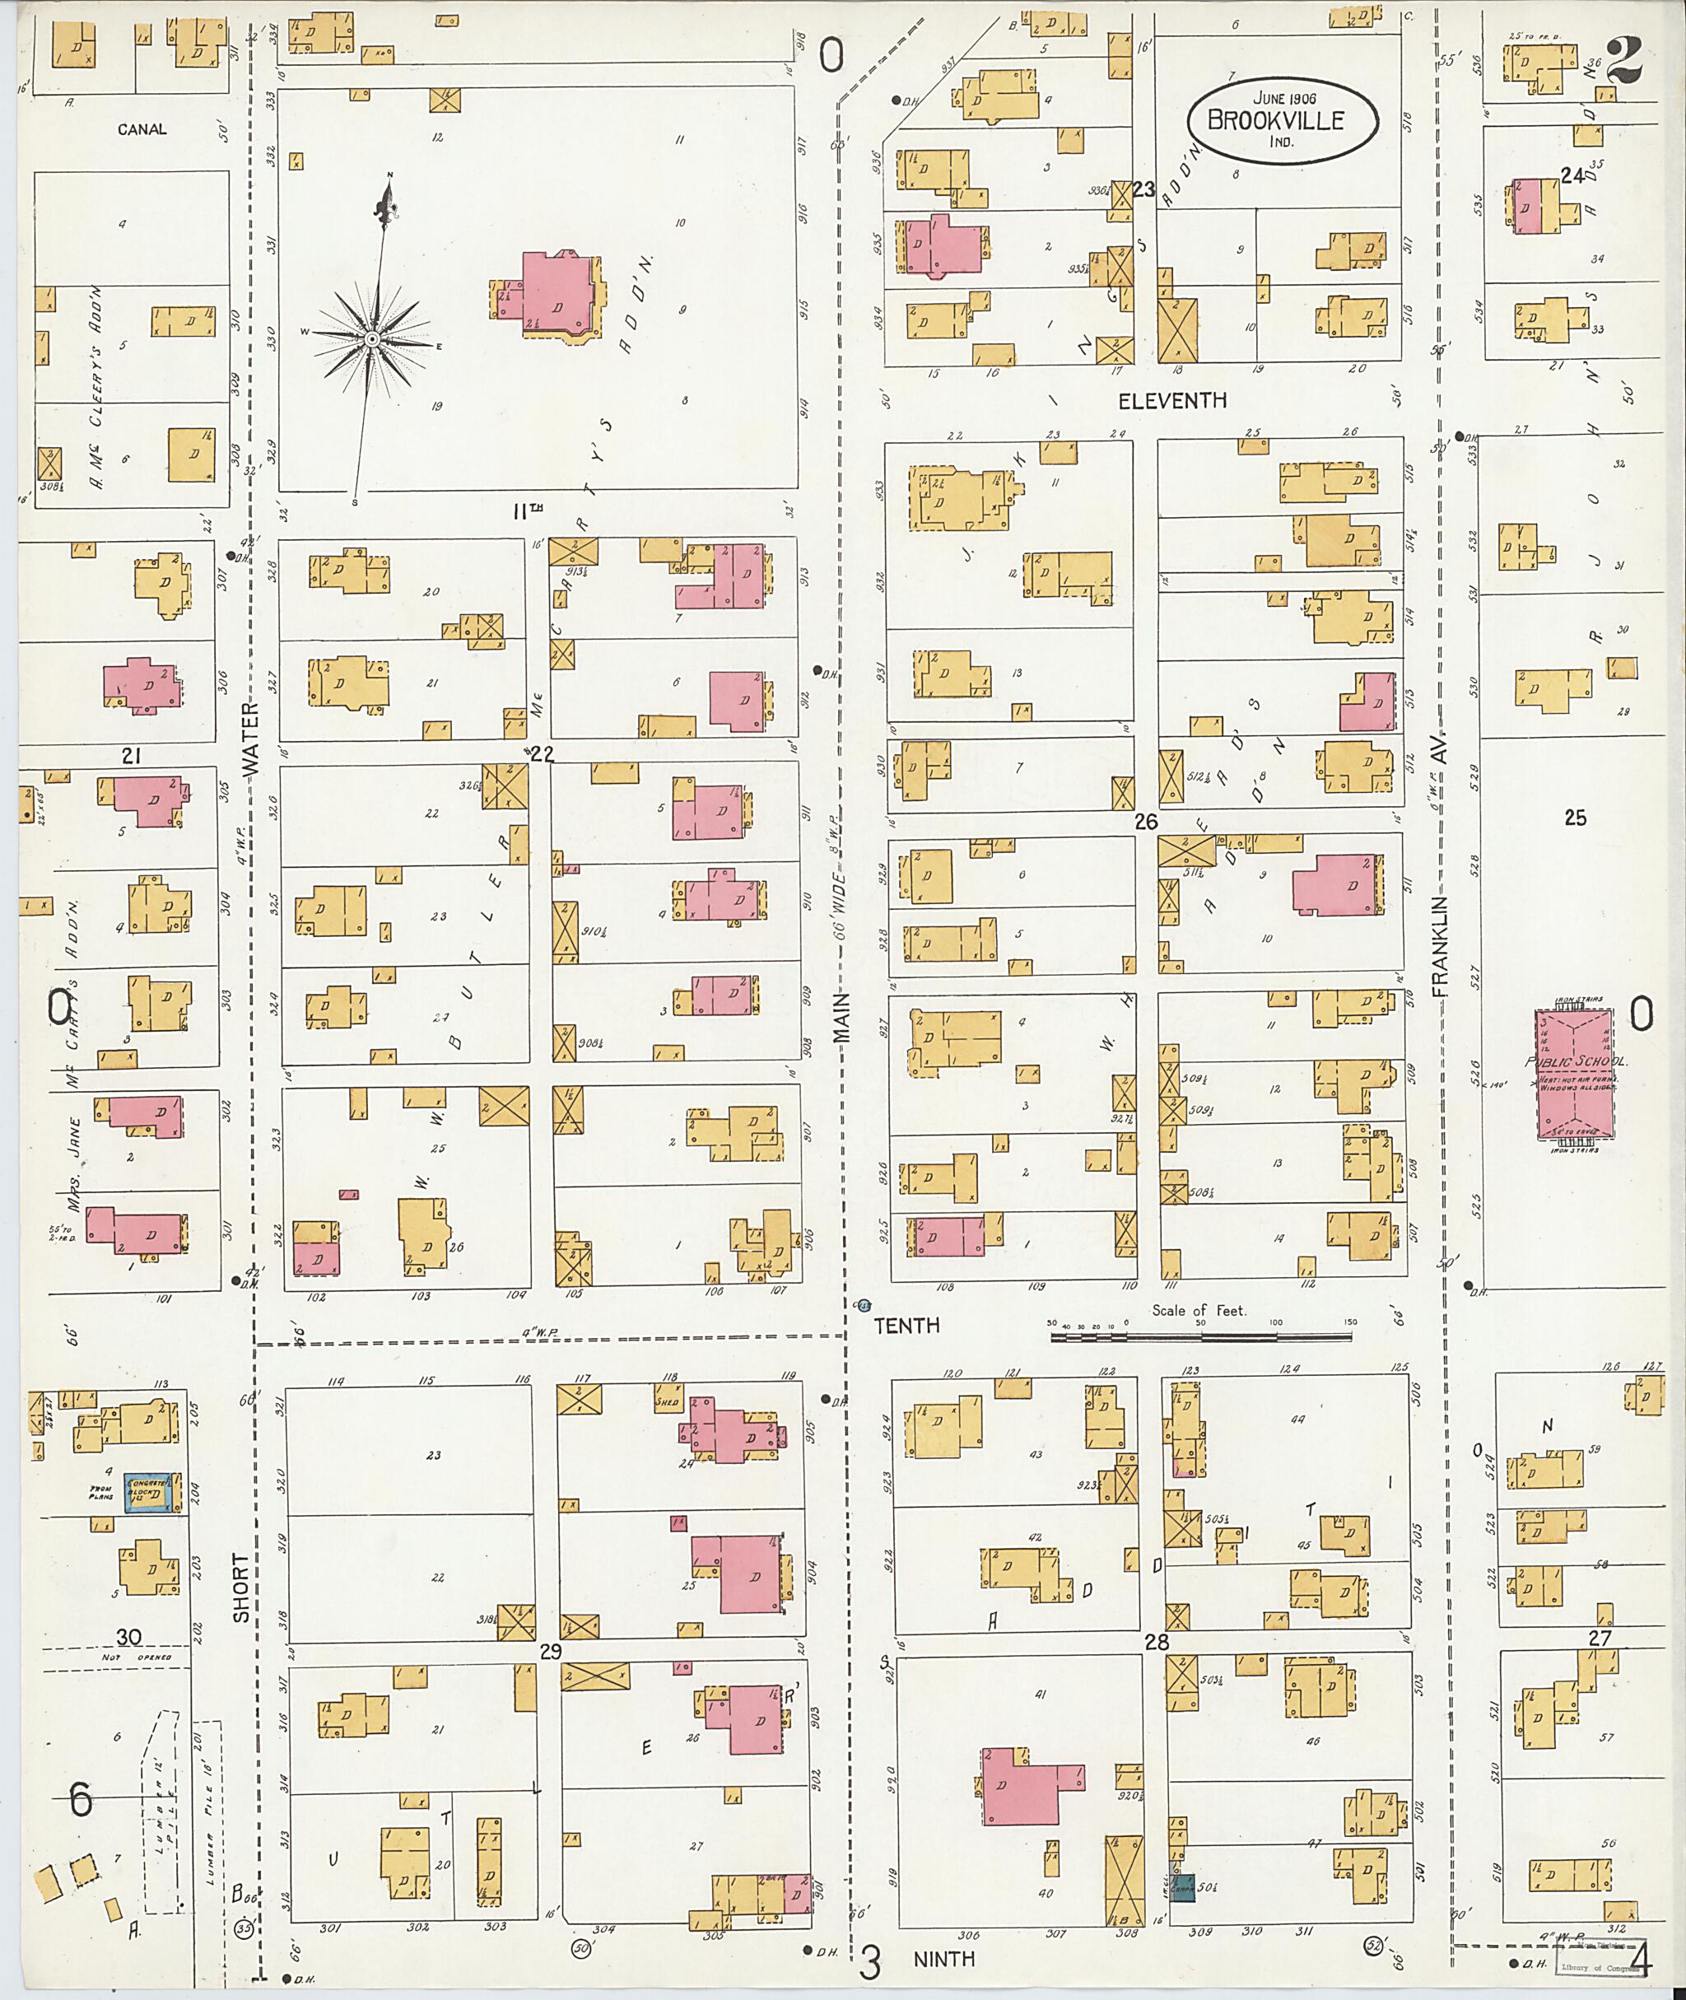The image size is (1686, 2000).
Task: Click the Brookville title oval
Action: pyautogui.click(x=1283, y=121)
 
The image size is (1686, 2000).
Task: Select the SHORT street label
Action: pyautogui.click(x=241, y=1587)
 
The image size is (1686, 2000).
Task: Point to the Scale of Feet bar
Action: pyautogui.click(x=1200, y=1336)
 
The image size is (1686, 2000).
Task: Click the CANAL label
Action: pyautogui.click(x=142, y=129)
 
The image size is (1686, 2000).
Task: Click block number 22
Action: pyautogui.click(x=542, y=754)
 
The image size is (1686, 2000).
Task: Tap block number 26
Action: pyautogui.click(x=1146, y=821)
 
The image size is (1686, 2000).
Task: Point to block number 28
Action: pyautogui.click(x=1157, y=1643)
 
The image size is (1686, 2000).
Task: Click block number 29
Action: pyautogui.click(x=550, y=1651)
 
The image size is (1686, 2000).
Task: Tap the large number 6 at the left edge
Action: pyautogui.click(x=81, y=1800)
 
